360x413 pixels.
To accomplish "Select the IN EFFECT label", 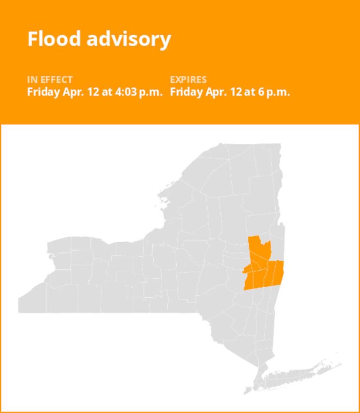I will [x=50, y=80].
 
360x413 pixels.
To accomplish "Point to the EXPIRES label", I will [x=188, y=80].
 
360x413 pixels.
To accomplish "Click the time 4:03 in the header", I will [x=125, y=92].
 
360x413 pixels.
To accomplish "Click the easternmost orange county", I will [x=279, y=273].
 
